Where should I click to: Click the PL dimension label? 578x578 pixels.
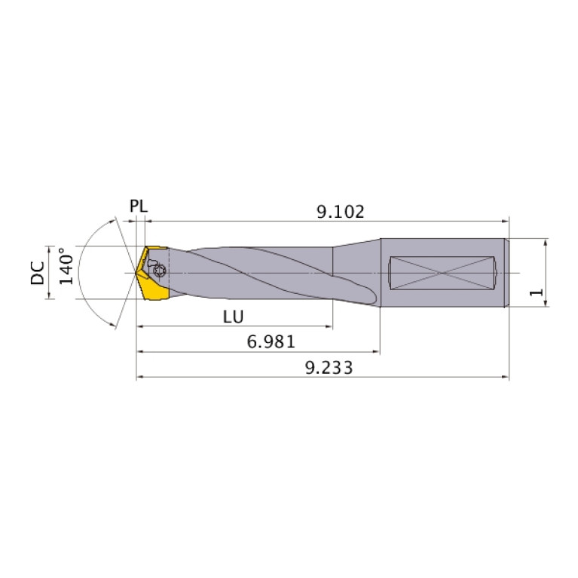(x=139, y=206)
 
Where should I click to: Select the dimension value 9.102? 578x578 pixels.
(x=340, y=212)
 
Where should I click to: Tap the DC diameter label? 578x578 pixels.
(x=36, y=272)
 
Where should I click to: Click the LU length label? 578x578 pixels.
(x=233, y=317)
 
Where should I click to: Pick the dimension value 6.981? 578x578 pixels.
(x=271, y=342)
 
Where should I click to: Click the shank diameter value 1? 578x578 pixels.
(x=536, y=292)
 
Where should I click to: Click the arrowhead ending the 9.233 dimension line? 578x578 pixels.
(x=506, y=377)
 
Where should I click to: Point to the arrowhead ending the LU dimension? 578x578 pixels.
(x=329, y=327)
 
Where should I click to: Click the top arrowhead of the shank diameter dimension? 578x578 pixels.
(x=544, y=242)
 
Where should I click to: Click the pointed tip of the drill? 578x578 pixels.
(x=136, y=272)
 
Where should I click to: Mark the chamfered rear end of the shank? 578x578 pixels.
(x=506, y=272)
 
